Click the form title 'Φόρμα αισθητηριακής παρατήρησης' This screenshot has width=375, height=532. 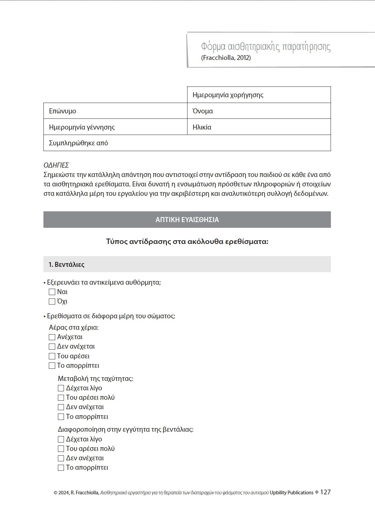(266, 46)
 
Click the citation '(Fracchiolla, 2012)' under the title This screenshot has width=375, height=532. (226, 58)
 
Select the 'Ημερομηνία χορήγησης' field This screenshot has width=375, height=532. (259, 95)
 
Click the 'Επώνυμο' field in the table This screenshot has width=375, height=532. (115, 111)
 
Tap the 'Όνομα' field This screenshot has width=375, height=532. (259, 111)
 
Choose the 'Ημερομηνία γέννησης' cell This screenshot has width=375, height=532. (115, 127)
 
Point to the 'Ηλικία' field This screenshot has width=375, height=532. (259, 127)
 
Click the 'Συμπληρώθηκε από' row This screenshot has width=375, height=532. (187, 143)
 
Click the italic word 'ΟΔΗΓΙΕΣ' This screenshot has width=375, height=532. (56, 165)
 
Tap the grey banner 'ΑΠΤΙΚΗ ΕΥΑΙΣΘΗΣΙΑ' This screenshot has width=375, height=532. (187, 220)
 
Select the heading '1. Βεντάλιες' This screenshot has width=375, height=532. (66, 264)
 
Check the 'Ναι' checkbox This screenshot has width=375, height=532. (52, 292)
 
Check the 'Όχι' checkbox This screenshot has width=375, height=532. (52, 302)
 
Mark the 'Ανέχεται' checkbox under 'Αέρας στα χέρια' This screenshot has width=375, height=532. (52, 337)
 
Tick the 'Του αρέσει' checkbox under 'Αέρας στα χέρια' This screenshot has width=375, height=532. (52, 356)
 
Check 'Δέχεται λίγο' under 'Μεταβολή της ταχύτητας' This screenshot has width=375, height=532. (61, 388)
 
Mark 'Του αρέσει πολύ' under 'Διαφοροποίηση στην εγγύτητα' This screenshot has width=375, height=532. (61, 449)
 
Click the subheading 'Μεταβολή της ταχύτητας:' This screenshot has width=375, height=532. (96, 379)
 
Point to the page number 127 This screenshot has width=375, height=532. (325, 492)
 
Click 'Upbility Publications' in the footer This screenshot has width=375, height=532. (292, 493)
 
